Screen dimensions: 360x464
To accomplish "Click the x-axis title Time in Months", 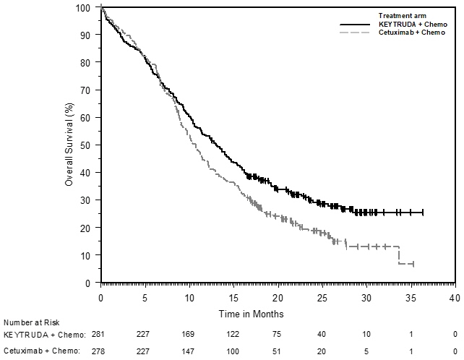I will [252, 314].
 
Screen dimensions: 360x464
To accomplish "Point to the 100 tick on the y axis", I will [90, 7].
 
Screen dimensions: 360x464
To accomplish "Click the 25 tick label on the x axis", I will [322, 297].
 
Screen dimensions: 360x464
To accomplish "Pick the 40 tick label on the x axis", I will [455, 297].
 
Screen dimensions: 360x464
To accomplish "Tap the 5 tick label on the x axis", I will [145, 297].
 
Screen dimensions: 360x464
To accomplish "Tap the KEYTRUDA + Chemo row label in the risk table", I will [45, 335].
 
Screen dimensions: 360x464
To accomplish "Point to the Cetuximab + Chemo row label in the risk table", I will [45, 351].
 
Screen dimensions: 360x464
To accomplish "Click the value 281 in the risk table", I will [101, 335].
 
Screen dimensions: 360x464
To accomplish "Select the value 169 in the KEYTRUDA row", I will [189, 335].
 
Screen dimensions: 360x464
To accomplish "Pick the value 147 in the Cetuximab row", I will [189, 351].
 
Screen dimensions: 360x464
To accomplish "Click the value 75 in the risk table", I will [278, 335].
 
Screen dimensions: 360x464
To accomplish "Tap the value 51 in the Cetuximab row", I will [278, 351].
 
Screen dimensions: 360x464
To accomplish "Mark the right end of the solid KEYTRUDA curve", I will [423, 213].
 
